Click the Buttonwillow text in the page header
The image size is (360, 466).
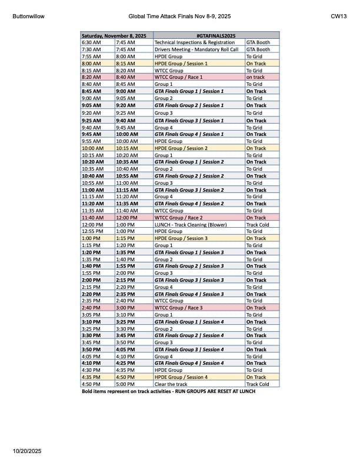point(28,16)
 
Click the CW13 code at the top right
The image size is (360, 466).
point(338,16)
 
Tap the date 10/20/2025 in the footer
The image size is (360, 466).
point(27,451)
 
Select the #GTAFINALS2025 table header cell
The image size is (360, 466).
point(199,36)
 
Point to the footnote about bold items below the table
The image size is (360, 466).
point(168,391)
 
